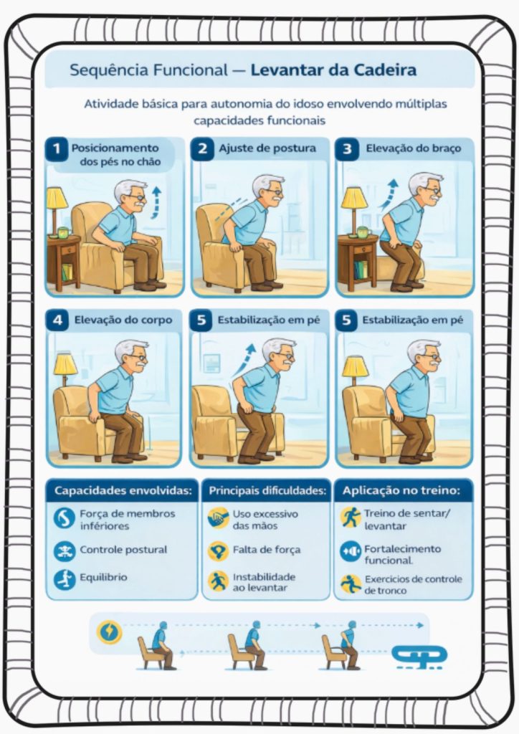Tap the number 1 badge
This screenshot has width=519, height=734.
(x=57, y=149)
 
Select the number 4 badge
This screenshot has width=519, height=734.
(x=57, y=320)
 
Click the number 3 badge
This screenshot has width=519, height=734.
(x=347, y=149)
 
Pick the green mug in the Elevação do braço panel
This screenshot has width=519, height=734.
(x=363, y=232)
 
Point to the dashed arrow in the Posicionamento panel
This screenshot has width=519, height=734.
(x=156, y=202)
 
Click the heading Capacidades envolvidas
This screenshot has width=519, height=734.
(x=123, y=490)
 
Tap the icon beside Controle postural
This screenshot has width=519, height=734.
(x=64, y=551)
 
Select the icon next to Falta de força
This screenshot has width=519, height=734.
(x=218, y=550)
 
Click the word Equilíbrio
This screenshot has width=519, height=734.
(x=103, y=577)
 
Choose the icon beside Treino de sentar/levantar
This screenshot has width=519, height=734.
(x=351, y=518)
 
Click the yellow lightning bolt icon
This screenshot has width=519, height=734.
(x=109, y=631)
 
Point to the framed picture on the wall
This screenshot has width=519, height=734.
(x=211, y=363)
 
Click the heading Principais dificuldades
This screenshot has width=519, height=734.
(x=267, y=490)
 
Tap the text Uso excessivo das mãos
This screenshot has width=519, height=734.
(x=265, y=520)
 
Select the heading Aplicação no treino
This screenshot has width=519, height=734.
(x=401, y=490)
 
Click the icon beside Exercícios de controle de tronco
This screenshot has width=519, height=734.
(x=351, y=584)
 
